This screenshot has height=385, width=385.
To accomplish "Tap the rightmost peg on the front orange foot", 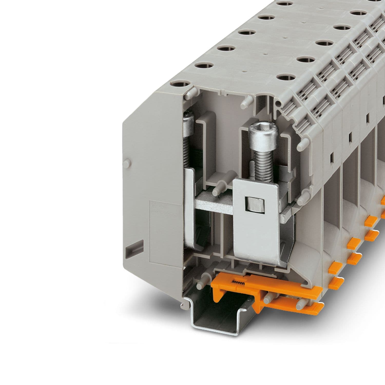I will coord(300,305).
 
